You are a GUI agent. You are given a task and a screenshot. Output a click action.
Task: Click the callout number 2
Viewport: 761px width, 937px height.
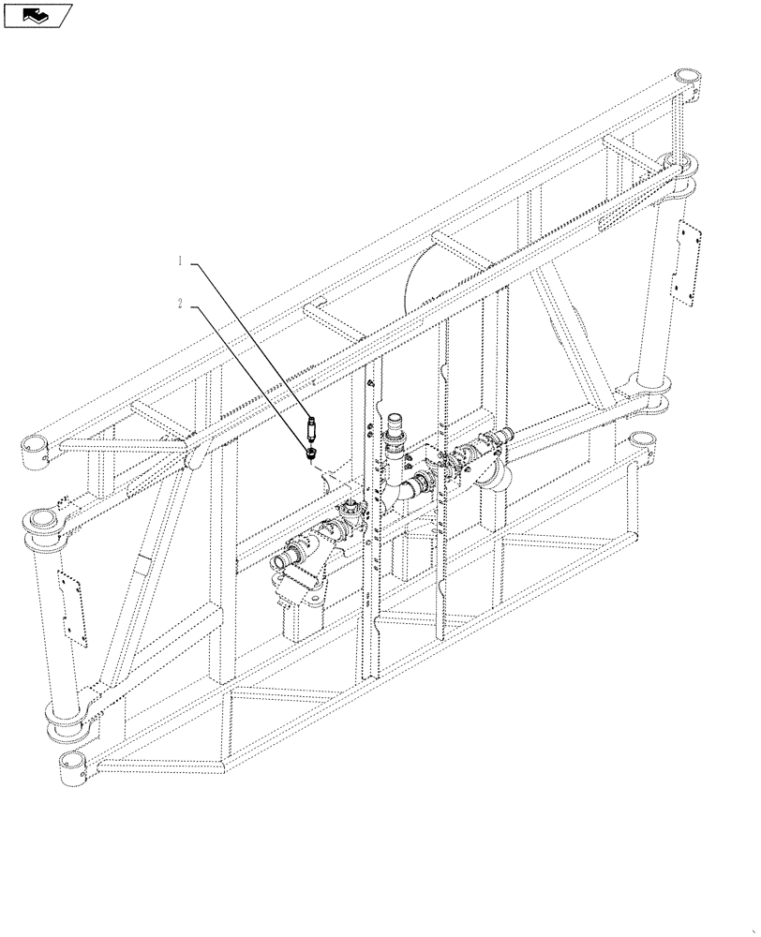click(179, 304)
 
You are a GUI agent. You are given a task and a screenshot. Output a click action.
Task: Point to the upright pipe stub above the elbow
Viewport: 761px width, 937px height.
click(395, 427)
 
